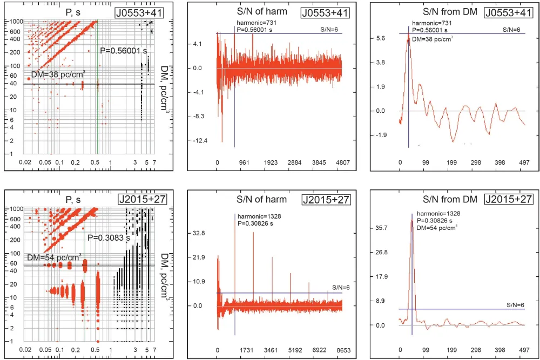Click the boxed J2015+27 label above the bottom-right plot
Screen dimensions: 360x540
(x=509, y=199)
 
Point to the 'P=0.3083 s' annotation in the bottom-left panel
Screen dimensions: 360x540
(x=109, y=237)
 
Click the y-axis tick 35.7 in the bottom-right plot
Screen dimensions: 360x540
(x=382, y=228)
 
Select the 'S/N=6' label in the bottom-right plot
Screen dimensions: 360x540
(x=515, y=305)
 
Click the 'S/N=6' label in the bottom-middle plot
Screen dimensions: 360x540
(x=341, y=288)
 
